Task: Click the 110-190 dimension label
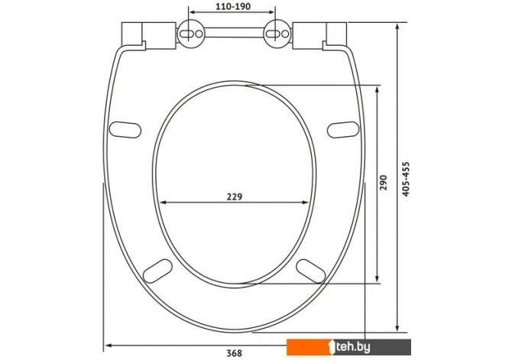[x=233, y=6]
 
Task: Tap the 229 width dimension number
[x=235, y=197]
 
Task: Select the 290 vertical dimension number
[x=384, y=182]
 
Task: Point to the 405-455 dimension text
[x=405, y=179]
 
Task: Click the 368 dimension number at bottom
[x=235, y=353]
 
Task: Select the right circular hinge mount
[x=277, y=34]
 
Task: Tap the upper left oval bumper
[x=125, y=129]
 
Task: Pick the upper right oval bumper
[x=343, y=129]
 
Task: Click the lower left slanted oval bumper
[x=157, y=271]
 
